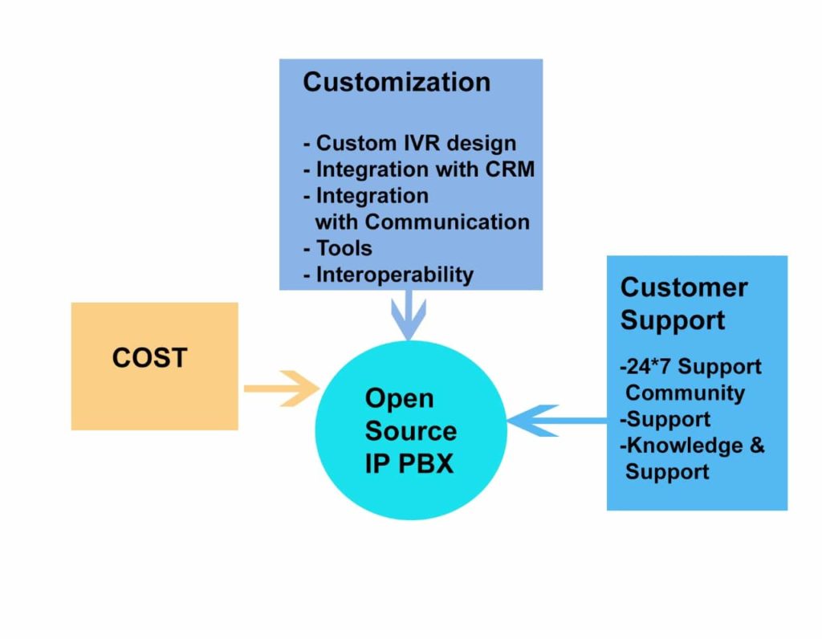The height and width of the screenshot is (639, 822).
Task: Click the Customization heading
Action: tap(396, 82)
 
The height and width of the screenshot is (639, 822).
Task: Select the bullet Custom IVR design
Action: tap(409, 144)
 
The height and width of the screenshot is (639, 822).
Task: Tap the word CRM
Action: tap(510, 169)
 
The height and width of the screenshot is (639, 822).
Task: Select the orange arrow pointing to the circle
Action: tap(281, 389)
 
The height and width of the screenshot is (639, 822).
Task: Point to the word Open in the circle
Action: tap(399, 398)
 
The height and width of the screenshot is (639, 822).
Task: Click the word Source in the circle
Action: tap(410, 431)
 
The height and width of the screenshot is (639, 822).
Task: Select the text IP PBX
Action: tap(409, 464)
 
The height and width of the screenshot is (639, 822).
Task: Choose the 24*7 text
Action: tap(647, 367)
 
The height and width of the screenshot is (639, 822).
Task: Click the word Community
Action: tap(685, 393)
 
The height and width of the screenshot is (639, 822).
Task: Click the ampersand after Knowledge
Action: tap(757, 446)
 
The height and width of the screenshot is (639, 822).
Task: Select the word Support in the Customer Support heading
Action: tap(673, 320)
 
